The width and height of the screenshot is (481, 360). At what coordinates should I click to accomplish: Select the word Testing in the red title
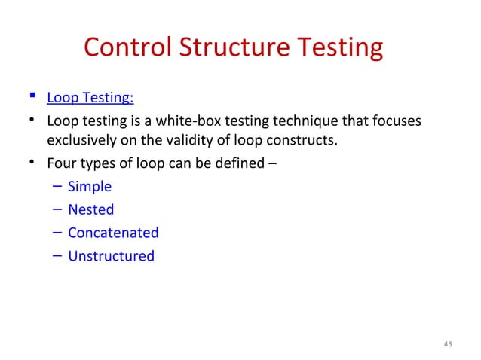pyautogui.click(x=336, y=48)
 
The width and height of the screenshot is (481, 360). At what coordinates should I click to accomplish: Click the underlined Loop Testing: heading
pyautogui.click(x=90, y=98)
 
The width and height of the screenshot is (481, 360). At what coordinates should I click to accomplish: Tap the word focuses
pyautogui.click(x=397, y=121)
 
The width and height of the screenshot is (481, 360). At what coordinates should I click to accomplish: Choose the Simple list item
pyautogui.click(x=89, y=187)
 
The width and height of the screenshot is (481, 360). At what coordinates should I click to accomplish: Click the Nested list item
pyautogui.click(x=90, y=209)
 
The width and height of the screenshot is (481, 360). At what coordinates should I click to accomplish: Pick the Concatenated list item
pyautogui.click(x=113, y=233)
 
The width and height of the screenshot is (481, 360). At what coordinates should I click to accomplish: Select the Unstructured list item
pyautogui.click(x=111, y=256)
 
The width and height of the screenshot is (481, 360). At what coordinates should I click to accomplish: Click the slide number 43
pyautogui.click(x=448, y=344)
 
